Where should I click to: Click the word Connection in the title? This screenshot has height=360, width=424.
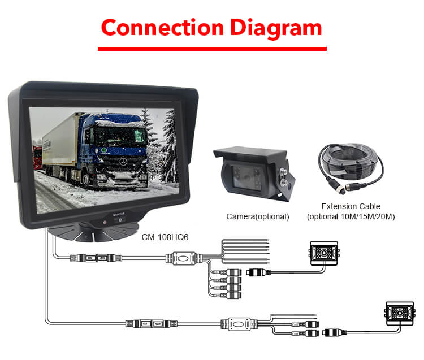point(162,27)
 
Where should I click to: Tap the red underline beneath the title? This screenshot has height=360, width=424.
point(212,49)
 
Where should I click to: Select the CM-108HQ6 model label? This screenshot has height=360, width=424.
point(165,237)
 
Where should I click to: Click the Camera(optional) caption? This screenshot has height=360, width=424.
point(258,216)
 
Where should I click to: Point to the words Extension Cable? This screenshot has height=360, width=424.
point(351,206)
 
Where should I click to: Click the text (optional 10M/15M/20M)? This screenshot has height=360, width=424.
point(351,217)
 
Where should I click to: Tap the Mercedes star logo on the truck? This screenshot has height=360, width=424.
point(123,162)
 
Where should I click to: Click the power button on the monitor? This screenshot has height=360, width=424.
point(120,220)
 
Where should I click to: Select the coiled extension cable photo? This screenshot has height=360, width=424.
point(351,168)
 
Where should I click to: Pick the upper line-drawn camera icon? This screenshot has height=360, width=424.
point(325,253)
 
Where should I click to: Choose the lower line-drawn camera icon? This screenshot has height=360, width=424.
point(400,314)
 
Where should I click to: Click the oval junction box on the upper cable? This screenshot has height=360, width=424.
point(184,258)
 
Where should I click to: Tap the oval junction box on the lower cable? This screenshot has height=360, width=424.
point(239,324)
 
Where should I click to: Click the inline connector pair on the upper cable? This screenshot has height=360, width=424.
point(96,258)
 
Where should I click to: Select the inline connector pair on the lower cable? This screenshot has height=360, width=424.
point(152,323)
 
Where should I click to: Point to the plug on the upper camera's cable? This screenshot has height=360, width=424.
point(259,272)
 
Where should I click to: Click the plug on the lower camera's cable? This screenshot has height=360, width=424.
point(335,332)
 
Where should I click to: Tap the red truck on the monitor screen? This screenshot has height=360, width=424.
point(37,157)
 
